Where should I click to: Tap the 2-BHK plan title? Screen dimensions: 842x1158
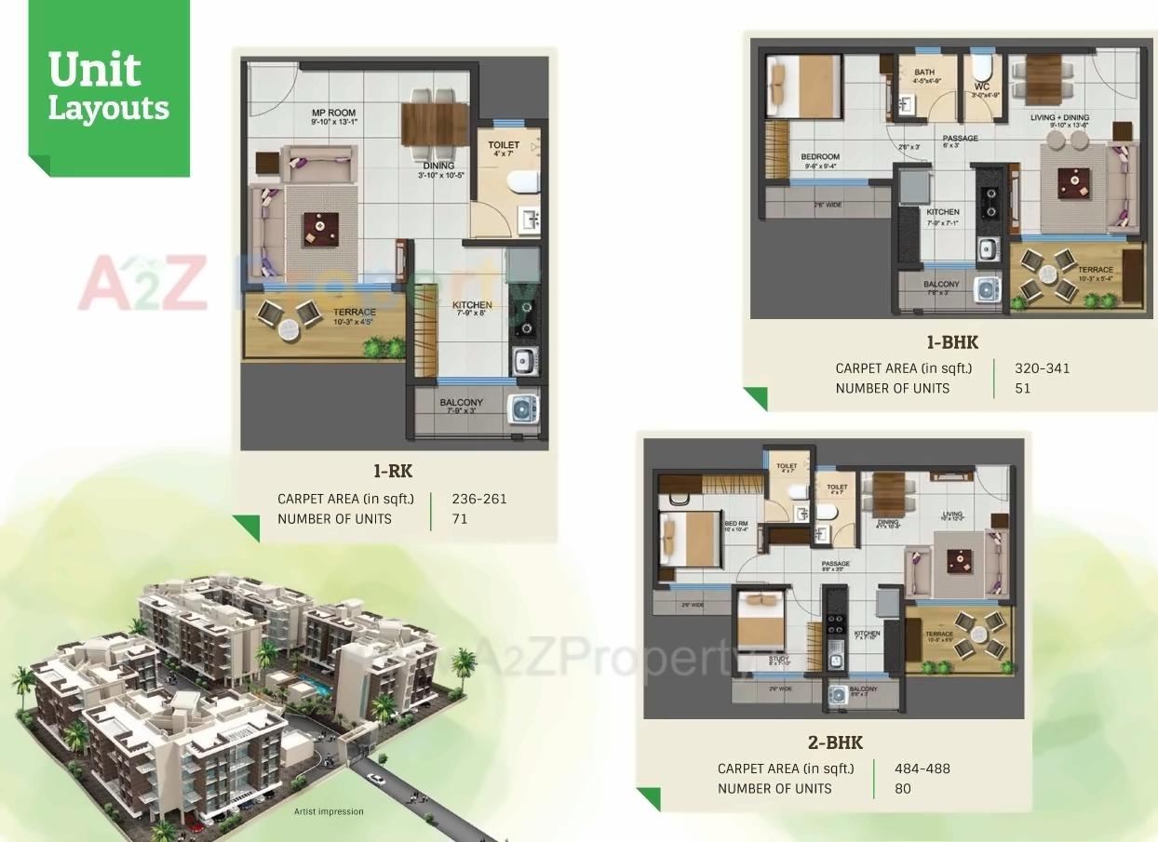click(x=834, y=742)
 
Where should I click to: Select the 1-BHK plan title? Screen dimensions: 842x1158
click(x=952, y=342)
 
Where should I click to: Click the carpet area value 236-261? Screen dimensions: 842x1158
click(x=479, y=499)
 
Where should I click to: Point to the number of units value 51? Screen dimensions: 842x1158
click(x=1023, y=388)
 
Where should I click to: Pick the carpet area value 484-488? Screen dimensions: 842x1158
click(x=922, y=768)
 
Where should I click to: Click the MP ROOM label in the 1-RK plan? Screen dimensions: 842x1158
click(x=333, y=114)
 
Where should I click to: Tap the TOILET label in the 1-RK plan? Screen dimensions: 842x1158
click(x=504, y=145)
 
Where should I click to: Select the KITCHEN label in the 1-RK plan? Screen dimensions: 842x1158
click(x=472, y=305)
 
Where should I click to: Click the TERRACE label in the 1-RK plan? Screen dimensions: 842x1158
click(x=355, y=313)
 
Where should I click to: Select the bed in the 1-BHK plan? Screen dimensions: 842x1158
click(x=801, y=85)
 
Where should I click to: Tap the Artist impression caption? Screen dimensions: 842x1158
click(x=329, y=811)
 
